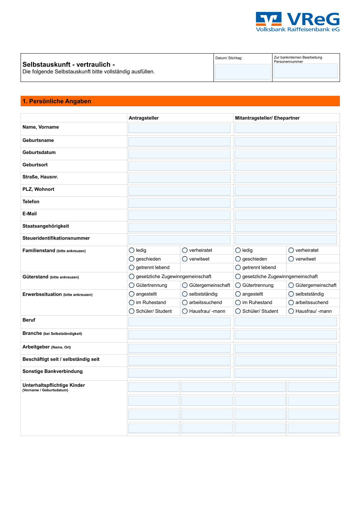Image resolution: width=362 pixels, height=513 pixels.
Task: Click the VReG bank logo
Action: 297,22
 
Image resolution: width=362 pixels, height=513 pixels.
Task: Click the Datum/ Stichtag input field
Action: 243,72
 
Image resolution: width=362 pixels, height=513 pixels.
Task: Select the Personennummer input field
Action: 305,71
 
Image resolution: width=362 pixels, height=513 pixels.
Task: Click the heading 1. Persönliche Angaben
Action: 57,101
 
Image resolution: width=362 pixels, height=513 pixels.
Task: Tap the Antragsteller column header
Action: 144,118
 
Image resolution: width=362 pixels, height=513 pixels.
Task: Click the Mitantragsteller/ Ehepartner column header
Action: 267,118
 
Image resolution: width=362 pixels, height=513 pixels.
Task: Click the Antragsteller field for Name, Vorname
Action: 179,128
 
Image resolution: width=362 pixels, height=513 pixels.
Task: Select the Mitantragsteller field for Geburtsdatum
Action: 286,154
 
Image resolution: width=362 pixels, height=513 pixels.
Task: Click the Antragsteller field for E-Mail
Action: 179,215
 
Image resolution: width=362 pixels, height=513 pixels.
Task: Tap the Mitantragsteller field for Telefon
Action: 286,203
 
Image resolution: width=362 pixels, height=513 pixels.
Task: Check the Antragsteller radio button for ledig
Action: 132,250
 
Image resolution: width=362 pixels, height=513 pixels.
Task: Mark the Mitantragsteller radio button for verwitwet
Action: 291,259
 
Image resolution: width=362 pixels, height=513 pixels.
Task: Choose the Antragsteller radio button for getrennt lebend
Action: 132,268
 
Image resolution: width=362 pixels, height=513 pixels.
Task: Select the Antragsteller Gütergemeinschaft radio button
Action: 185,285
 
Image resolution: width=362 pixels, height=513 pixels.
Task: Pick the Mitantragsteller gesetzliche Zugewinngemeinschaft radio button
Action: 238,276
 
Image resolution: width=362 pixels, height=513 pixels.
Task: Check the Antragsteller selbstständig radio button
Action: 185,294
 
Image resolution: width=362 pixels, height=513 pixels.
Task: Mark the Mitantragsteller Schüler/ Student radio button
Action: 238,311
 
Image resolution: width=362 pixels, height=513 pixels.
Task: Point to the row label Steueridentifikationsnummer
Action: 56,238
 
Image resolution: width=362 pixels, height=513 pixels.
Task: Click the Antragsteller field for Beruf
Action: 179,321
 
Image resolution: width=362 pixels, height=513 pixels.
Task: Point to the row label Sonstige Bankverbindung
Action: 52,371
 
